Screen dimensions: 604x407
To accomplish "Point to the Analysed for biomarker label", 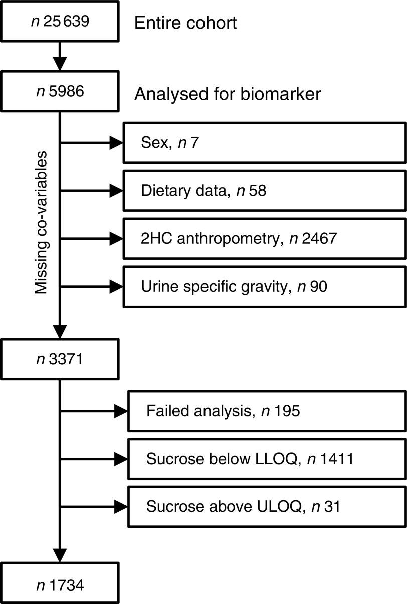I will click(228, 94).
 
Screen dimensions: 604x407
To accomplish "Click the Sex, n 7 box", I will click(265, 144).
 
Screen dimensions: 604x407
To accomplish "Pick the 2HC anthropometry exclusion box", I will click(265, 239).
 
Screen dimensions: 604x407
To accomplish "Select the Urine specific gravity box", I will click(265, 287).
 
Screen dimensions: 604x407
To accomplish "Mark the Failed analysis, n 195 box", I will click(267, 411).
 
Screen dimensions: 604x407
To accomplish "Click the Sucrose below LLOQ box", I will click(267, 459).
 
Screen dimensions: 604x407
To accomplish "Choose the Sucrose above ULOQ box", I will click(267, 507).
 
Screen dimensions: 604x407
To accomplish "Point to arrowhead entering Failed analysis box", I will click(121, 411).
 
